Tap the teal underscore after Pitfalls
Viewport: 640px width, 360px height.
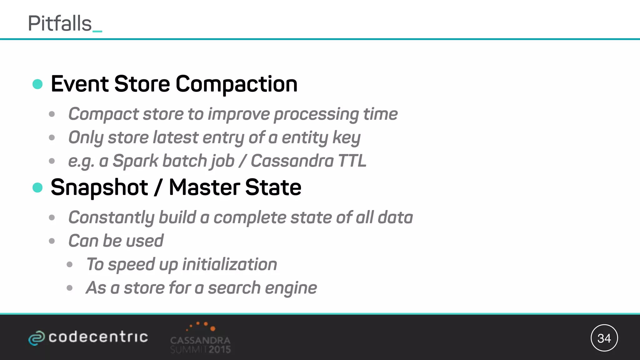coord(97,31)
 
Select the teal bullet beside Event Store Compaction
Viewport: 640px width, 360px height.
coord(37,84)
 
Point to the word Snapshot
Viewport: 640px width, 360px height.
coord(99,187)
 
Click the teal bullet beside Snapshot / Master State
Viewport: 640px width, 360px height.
coord(37,187)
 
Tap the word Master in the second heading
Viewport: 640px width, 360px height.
coord(204,187)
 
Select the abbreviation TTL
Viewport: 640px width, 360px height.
coord(352,161)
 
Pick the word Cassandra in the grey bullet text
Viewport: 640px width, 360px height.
coord(292,161)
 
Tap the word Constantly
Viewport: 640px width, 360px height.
coord(111,217)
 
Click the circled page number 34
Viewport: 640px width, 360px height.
coord(604,338)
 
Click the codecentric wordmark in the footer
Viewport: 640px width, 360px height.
coord(98,337)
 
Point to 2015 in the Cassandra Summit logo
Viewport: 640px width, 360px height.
coord(220,349)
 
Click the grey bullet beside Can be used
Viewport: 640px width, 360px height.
coord(52,241)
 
